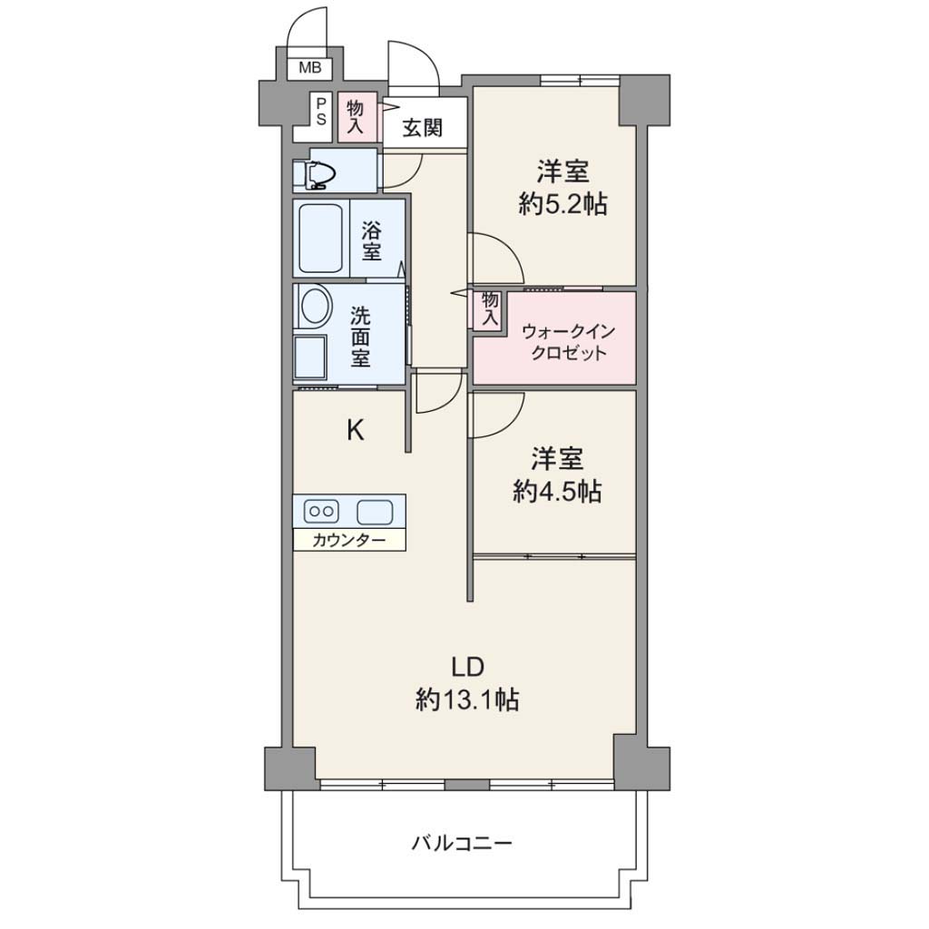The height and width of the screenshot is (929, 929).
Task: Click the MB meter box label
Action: tap(310, 68)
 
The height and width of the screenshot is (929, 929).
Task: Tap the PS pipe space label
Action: tap(321, 112)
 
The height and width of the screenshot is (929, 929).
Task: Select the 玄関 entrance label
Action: tap(423, 127)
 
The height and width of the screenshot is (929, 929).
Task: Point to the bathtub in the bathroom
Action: tap(321, 239)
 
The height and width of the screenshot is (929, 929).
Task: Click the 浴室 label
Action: tap(372, 240)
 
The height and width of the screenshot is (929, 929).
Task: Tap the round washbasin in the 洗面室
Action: tap(316, 306)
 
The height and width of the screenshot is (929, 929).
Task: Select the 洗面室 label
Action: tap(360, 336)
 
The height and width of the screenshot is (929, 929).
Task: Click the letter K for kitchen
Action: tap(355, 429)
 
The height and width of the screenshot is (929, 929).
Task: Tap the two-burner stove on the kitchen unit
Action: tap(321, 511)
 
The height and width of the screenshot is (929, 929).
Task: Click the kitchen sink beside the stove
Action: tap(375, 512)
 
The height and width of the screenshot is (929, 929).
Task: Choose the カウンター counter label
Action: tap(348, 541)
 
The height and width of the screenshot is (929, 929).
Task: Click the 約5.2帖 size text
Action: tap(562, 205)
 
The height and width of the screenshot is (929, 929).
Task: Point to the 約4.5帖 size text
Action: tap(557, 491)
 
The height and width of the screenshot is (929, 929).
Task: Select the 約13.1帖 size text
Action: tap(467, 699)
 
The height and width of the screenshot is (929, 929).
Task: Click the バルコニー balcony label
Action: tap(462, 842)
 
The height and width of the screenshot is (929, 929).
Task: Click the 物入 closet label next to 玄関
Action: tap(356, 117)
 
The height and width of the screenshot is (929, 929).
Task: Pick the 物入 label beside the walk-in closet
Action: tap(490, 308)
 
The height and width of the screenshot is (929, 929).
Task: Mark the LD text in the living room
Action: tap(468, 667)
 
